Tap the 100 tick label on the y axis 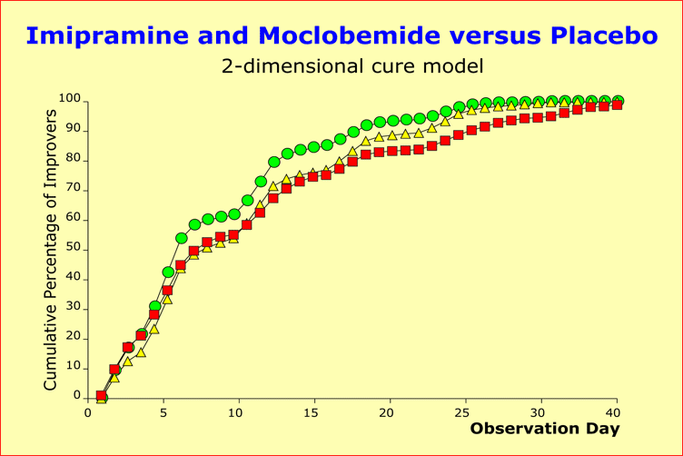coord(70,98)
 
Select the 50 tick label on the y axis coord(74,248)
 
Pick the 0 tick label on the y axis coord(77,397)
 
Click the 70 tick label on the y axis coord(74,188)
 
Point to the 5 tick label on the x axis coord(164,411)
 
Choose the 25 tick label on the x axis coord(466,411)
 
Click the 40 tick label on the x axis coord(617,411)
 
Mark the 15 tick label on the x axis coord(314,411)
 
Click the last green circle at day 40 coord(618,101)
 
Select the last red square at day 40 coord(618,105)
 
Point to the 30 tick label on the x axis coord(541,411)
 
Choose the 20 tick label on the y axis coord(74,337)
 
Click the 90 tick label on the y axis coord(74,129)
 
